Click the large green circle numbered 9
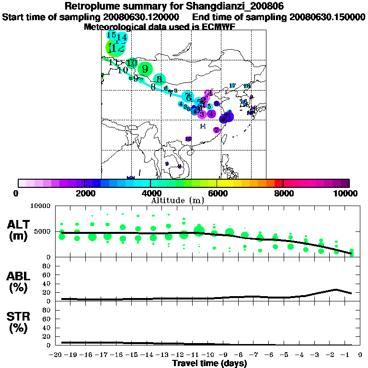click(145, 69)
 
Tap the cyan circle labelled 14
click(122, 37)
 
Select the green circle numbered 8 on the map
click(160, 80)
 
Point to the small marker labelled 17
click(232, 86)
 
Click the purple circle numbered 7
click(217, 130)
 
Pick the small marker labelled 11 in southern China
click(203, 126)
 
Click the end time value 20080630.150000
click(327, 17)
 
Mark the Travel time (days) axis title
click(209, 363)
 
